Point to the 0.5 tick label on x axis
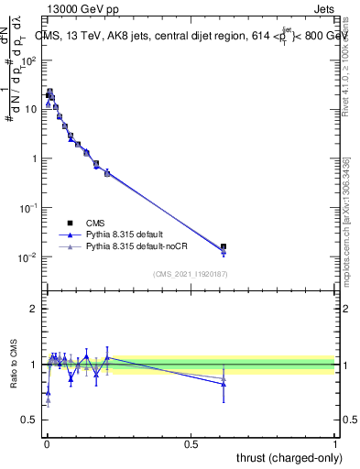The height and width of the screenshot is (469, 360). coord(191,442)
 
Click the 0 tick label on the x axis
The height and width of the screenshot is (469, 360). coord(46,442)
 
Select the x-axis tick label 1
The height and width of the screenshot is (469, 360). coord(335,442)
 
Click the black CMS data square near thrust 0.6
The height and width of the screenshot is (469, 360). coord(224,246)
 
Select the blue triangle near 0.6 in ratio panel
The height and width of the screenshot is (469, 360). coord(224,384)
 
